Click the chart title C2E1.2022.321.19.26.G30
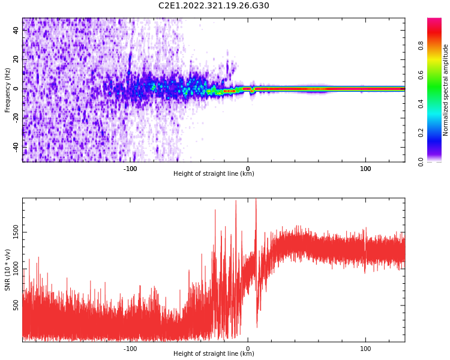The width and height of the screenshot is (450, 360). (x=214, y=6)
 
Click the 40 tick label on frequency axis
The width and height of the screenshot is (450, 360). (x=17, y=31)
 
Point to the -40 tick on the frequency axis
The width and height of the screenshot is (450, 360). (x=17, y=146)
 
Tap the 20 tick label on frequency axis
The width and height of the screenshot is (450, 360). (x=17, y=60)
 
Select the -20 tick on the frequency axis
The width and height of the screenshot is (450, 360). (x=17, y=118)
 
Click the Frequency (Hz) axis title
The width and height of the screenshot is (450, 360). (x=8, y=90)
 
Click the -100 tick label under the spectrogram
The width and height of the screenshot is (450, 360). (x=130, y=169)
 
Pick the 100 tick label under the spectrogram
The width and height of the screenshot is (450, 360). (x=365, y=169)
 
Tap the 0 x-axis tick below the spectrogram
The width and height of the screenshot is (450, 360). (x=248, y=169)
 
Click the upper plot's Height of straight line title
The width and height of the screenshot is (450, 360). (x=214, y=174)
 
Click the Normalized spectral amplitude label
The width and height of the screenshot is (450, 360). (x=446, y=90)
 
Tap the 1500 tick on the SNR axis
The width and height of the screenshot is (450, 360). (x=17, y=232)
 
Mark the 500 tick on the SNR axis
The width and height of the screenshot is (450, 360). (x=17, y=307)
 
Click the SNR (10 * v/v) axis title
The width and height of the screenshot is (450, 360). (x=8, y=270)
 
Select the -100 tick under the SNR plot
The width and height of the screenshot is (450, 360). (x=130, y=349)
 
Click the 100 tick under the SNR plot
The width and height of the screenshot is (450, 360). (x=365, y=349)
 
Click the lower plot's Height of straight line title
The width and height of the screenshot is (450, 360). (x=214, y=354)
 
